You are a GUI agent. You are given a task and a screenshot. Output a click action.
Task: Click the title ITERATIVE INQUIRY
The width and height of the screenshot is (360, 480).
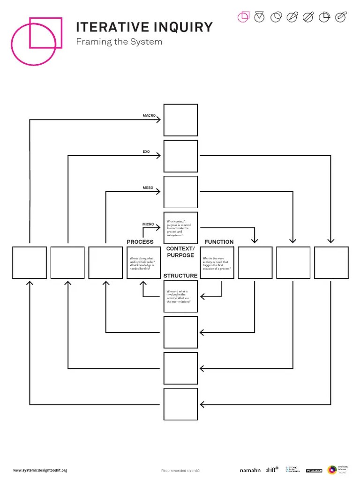144,27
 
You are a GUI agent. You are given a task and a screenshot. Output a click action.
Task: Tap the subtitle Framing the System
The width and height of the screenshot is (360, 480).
119,42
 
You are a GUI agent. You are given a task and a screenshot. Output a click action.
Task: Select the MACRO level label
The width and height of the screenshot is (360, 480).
149,115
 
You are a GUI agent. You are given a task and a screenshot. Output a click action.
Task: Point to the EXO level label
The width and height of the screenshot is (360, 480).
146,152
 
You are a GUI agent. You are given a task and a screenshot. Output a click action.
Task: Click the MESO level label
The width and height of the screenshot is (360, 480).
148,188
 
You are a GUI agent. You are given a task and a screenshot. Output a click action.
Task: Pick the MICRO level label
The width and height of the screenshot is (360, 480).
148,225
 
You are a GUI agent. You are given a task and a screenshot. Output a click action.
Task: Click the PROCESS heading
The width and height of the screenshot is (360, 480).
140,242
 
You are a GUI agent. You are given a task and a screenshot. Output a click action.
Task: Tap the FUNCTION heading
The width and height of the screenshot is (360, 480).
219,242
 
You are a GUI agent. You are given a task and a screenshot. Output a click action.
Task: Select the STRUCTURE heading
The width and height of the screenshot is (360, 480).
180,276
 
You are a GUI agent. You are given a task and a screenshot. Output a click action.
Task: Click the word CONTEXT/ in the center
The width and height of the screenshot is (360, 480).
180,248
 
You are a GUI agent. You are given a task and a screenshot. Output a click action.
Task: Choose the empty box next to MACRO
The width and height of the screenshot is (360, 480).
180,120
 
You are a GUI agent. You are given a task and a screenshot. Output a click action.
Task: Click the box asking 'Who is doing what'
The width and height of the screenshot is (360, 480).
143,262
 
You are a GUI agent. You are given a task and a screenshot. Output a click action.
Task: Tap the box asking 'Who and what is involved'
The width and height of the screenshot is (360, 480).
180,297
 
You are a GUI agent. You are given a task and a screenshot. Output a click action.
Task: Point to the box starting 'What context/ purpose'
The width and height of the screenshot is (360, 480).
180,228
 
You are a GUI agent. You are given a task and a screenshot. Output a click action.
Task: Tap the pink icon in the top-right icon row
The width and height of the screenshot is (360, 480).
243,17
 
